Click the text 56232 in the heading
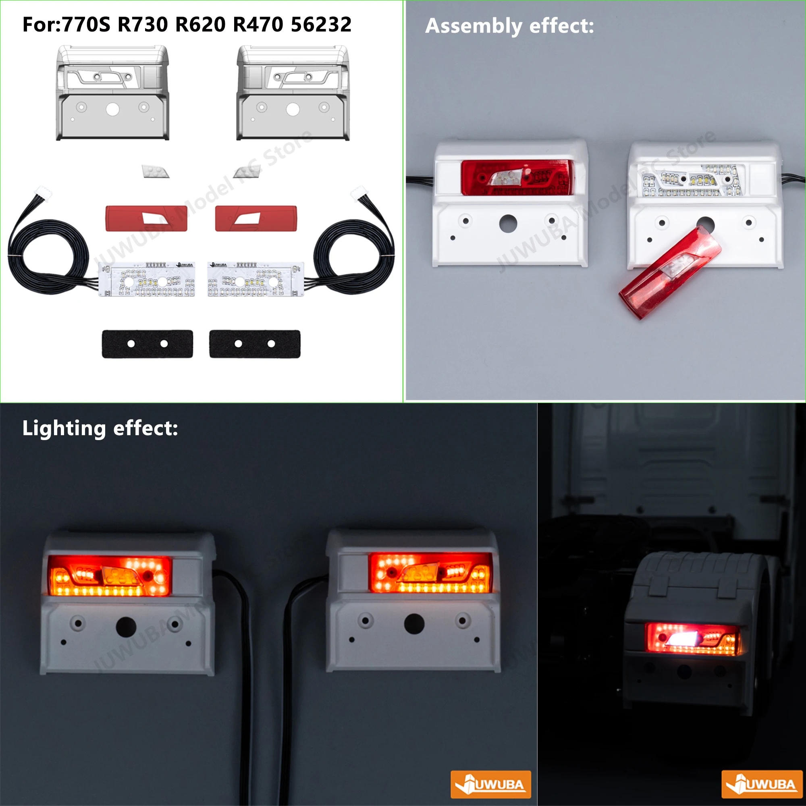point(321,25)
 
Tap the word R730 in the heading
point(143,25)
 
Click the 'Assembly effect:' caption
point(509,26)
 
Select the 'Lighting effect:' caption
point(100,428)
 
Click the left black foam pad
point(147,344)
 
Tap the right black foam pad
point(254,344)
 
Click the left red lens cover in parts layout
point(146,218)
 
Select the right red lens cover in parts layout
point(256,218)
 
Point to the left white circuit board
point(146,280)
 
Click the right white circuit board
point(256,280)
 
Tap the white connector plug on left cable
point(44,193)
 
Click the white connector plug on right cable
point(359,193)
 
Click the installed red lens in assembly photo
point(517,177)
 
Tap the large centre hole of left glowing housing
point(126,627)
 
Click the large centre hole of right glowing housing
point(414,624)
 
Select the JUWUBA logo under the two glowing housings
point(490,784)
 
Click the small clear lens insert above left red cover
point(155,171)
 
